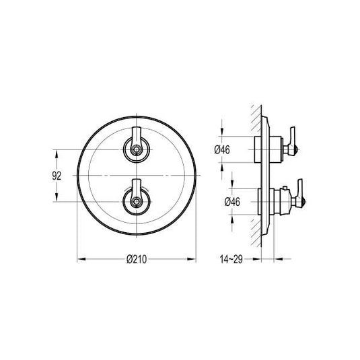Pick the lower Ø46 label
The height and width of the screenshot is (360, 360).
click(x=223, y=201)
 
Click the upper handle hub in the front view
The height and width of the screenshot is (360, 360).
click(x=137, y=149)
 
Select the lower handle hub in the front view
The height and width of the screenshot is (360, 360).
click(x=137, y=201)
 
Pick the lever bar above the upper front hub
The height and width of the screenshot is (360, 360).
click(x=137, y=135)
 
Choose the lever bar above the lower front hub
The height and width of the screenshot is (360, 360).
click(x=137, y=186)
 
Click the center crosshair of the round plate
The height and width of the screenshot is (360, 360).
click(x=137, y=175)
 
